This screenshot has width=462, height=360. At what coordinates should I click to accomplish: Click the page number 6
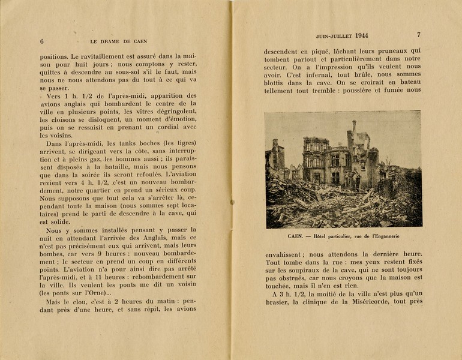click(x=42, y=41)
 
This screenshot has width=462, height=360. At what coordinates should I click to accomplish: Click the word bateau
click(x=406, y=82)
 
